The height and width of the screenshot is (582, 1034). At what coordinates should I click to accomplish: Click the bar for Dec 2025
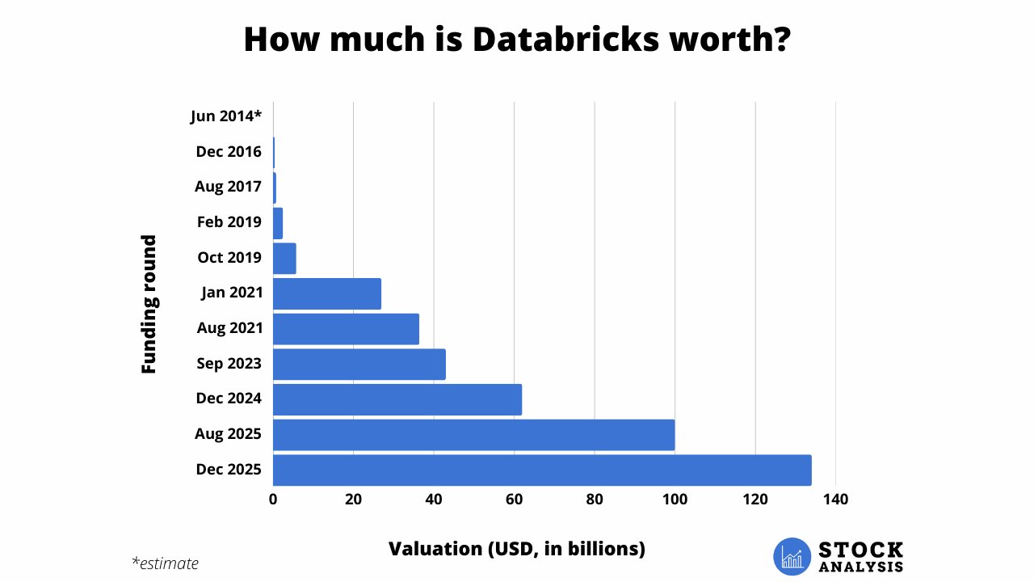point(542,470)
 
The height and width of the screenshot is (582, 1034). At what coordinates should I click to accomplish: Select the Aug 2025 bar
point(473,435)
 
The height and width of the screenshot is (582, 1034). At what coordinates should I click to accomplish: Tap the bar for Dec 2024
point(397,399)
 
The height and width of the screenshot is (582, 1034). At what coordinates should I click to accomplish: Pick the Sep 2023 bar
point(359,364)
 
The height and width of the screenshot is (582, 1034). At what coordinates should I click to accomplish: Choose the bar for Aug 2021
point(346,329)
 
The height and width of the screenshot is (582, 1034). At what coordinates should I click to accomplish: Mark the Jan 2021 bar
point(327,293)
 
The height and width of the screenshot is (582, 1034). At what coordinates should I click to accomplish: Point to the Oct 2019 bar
point(284,258)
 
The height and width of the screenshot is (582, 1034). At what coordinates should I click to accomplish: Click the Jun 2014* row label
point(226,116)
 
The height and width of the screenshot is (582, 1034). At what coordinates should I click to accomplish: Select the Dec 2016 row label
point(229,152)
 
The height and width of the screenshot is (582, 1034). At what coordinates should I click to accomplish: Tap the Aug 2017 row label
point(228,187)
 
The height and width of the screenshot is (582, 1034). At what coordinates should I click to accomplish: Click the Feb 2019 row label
point(229,222)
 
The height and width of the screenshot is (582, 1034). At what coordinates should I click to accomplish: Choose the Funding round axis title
point(149,304)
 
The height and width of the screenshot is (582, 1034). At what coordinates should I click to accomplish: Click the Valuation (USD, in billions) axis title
point(517,549)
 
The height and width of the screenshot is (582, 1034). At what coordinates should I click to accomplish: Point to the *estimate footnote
point(165,563)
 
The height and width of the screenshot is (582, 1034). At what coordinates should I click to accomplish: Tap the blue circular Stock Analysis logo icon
point(792,556)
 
